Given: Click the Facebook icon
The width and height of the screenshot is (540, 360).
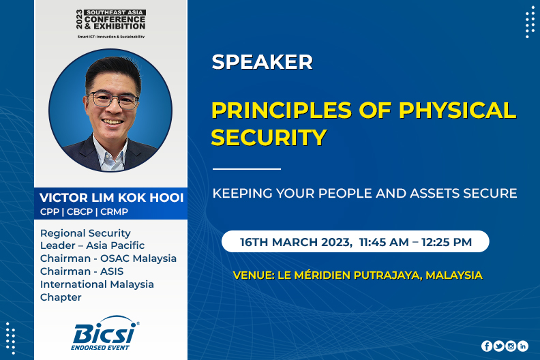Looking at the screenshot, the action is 487,346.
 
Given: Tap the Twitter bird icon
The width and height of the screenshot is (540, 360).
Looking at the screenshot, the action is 498,346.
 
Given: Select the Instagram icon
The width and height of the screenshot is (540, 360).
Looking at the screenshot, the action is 511,346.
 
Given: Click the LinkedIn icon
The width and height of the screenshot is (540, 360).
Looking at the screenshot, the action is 523,346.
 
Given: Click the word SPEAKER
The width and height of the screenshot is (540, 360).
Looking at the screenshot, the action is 262,62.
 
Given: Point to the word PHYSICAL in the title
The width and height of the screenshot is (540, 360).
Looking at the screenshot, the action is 457,110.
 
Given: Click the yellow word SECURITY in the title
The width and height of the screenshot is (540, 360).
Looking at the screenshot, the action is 269,137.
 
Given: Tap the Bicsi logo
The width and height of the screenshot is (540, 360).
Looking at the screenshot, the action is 105,333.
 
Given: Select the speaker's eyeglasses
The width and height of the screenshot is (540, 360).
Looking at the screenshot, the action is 112,100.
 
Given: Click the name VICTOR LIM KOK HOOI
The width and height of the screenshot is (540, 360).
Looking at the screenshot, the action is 112,198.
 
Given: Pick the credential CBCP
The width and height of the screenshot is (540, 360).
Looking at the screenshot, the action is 80,212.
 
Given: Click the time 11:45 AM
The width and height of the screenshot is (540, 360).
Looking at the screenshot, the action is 384,242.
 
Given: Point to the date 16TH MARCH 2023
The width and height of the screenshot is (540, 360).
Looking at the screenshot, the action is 296,242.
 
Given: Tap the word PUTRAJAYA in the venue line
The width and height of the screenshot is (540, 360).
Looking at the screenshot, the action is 387,275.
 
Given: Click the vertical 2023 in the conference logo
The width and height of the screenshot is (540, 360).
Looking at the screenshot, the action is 80,19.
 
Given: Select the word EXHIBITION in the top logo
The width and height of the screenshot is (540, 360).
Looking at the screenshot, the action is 119,26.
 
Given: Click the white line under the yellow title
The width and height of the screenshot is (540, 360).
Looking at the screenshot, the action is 247,169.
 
